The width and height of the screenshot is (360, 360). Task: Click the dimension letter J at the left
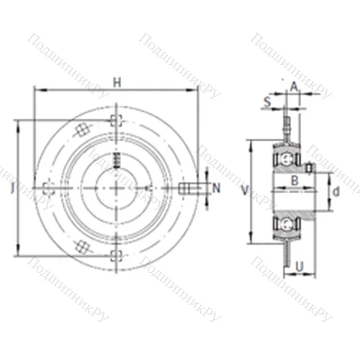(x=12, y=189)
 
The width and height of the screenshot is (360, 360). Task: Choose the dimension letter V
(x=246, y=191)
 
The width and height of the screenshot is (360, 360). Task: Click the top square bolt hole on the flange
(x=116, y=121)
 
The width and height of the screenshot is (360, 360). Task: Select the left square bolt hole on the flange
(x=48, y=189)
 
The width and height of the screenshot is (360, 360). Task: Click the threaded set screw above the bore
(x=115, y=161)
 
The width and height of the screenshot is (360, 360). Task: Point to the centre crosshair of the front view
(x=116, y=189)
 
